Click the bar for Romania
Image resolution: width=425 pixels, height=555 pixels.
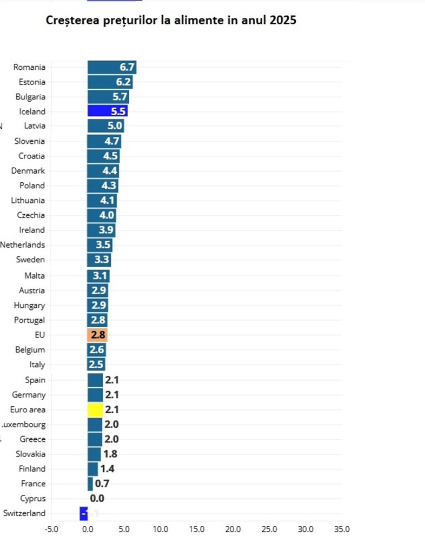point(111,67)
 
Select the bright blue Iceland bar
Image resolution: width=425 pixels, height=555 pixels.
point(107,111)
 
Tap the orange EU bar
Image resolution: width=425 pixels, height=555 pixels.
point(97,335)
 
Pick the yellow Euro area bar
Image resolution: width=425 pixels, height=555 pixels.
point(95,409)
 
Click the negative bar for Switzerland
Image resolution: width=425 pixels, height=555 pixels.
point(84,513)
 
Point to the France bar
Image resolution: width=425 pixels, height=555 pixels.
point(90,484)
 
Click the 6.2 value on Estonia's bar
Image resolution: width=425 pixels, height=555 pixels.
point(124,82)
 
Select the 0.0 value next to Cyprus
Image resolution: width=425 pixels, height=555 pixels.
point(97,499)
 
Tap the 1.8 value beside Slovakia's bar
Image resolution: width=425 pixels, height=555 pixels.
point(110,454)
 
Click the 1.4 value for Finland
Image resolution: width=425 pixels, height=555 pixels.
point(107,469)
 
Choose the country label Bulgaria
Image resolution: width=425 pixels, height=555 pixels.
point(30,97)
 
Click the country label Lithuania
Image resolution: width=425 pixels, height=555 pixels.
point(28,200)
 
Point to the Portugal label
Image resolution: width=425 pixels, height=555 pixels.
point(30,320)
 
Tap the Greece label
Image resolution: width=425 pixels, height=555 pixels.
point(32,439)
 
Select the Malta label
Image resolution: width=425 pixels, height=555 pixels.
point(35,275)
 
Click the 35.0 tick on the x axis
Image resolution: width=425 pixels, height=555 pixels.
point(342,529)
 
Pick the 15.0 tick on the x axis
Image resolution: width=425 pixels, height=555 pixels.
point(196,529)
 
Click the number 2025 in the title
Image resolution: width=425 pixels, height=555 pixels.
point(282,21)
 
